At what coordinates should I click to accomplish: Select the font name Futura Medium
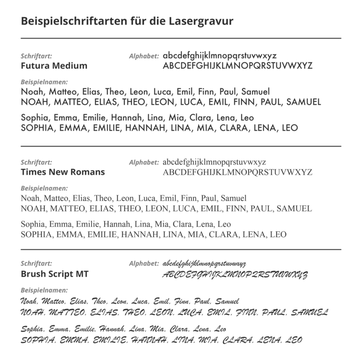54,66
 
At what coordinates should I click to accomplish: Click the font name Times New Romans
63,172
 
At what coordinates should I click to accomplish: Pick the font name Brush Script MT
55,275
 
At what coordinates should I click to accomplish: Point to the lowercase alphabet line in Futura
219,56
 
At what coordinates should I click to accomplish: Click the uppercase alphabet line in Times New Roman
238,172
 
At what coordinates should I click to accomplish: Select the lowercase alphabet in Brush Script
204,264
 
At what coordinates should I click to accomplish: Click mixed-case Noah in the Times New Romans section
31,198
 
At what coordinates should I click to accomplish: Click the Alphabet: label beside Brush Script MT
144,264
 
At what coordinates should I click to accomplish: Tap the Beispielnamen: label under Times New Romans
45,188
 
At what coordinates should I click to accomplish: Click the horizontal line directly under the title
181,38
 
